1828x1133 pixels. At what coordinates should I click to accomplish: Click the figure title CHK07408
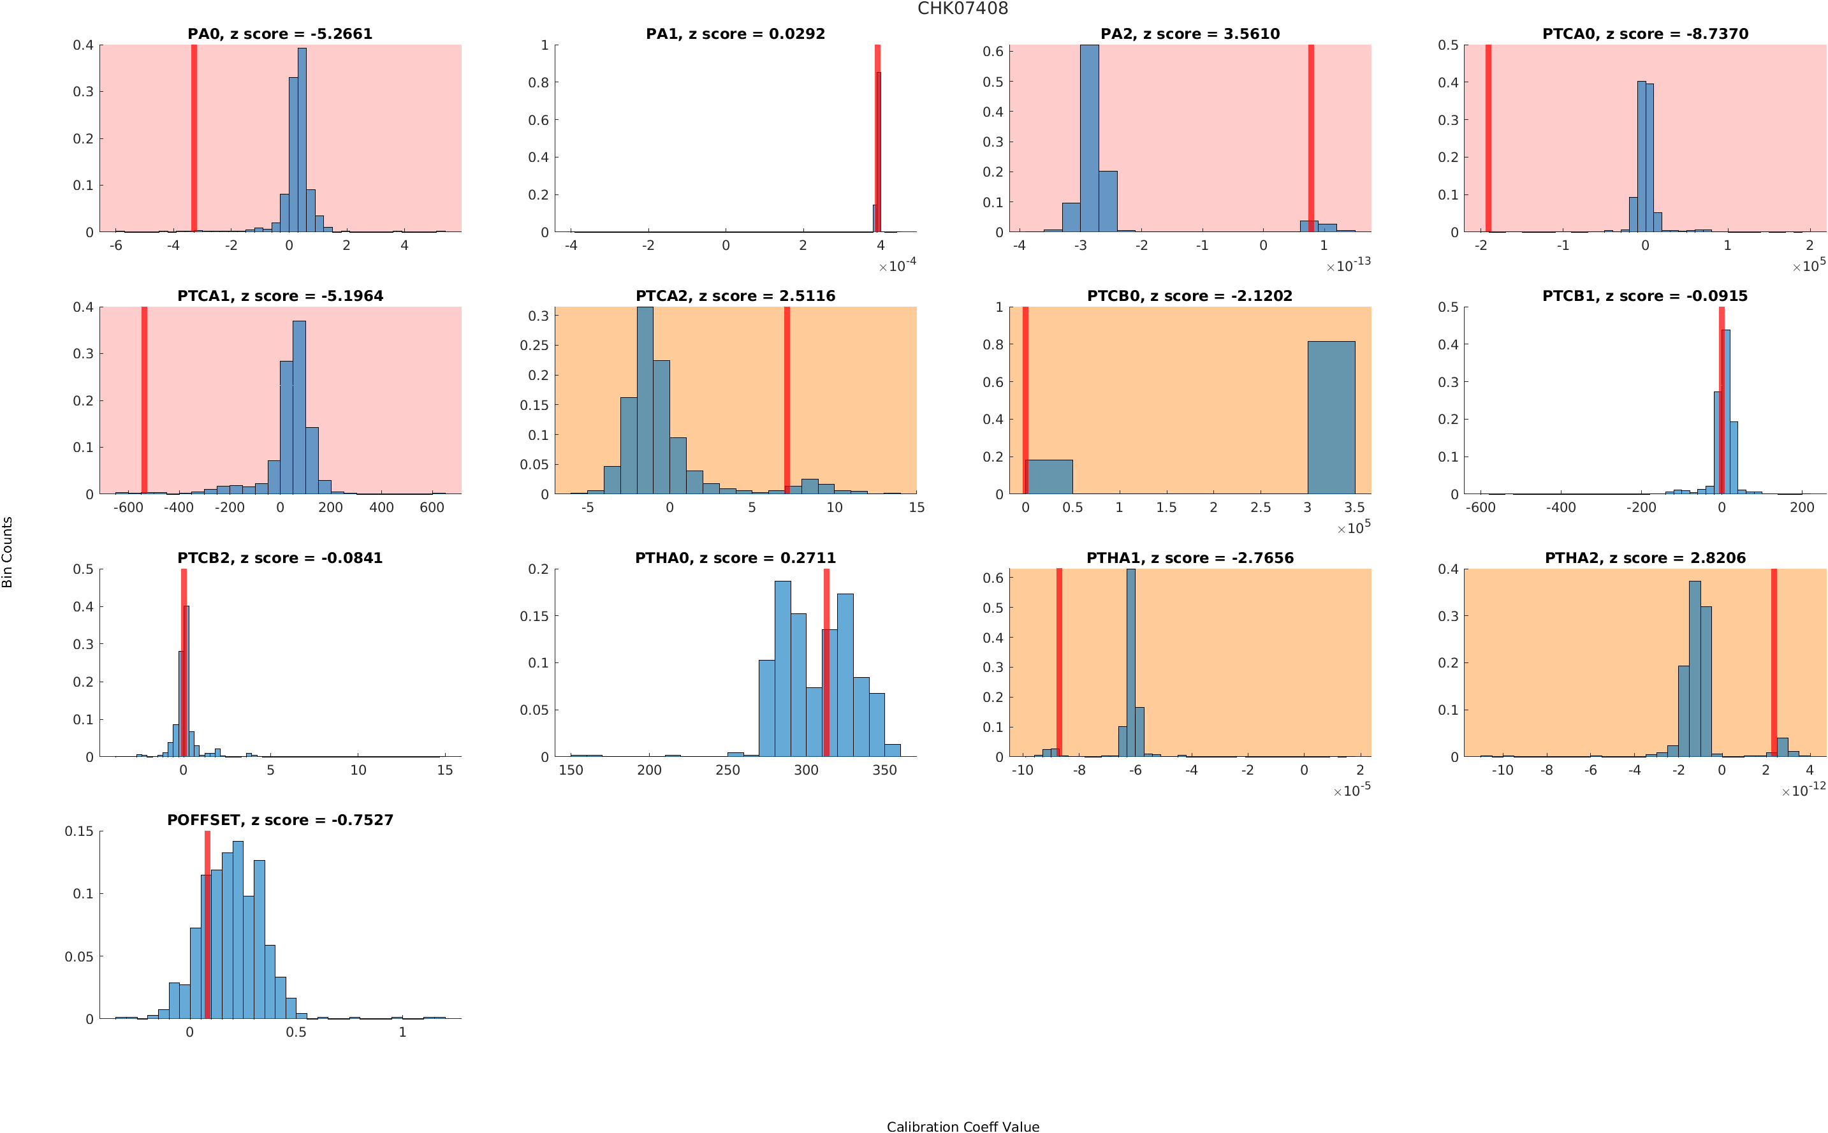point(962,9)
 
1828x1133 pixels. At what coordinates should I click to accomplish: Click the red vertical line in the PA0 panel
point(194,138)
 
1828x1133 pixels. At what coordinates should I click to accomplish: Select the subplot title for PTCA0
point(1644,34)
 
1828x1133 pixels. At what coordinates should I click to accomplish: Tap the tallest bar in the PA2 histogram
point(1089,138)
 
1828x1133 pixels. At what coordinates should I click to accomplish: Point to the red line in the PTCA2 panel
point(787,400)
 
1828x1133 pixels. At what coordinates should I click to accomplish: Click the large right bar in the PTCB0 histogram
point(1331,418)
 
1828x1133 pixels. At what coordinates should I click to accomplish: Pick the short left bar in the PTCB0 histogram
point(1049,476)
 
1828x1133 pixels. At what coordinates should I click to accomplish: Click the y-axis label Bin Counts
point(8,552)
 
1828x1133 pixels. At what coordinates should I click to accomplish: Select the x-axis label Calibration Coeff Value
point(962,1126)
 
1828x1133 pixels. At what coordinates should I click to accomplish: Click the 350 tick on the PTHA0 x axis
point(884,770)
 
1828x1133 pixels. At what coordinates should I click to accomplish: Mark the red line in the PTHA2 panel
point(1773,662)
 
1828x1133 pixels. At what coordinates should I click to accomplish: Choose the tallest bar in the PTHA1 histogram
point(1130,662)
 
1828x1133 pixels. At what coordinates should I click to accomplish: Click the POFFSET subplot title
point(279,820)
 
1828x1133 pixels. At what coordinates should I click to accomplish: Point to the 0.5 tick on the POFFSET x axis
point(296,1032)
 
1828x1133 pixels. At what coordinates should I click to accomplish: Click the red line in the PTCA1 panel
point(144,400)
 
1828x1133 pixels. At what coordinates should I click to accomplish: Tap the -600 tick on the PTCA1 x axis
point(128,508)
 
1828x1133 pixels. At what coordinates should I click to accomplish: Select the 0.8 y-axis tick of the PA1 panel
point(539,82)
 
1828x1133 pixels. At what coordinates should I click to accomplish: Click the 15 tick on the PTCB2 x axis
point(445,770)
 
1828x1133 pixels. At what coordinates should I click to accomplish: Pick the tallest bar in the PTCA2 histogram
point(644,400)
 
